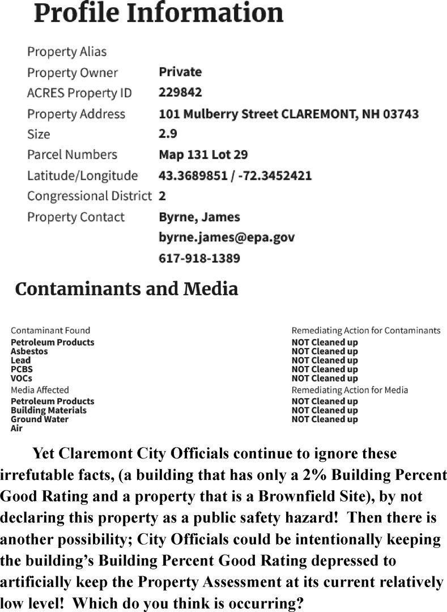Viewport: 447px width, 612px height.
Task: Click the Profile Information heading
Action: click(159, 14)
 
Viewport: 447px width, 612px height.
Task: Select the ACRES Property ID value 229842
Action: click(180, 92)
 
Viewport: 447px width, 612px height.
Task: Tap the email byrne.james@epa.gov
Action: click(227, 237)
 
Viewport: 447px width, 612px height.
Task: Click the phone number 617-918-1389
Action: click(199, 258)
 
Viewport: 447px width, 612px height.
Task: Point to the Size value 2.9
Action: click(168, 134)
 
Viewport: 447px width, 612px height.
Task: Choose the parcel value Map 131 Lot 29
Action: click(203, 155)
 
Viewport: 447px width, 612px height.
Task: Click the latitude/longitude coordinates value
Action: click(235, 176)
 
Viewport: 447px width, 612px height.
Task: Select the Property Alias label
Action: click(67, 52)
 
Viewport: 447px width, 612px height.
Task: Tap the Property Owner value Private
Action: click(180, 72)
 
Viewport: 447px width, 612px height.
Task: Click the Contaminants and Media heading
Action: click(126, 289)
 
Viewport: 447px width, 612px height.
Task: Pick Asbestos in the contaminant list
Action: click(29, 351)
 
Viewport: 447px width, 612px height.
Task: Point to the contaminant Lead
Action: click(21, 360)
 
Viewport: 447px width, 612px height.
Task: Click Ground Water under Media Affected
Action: click(40, 419)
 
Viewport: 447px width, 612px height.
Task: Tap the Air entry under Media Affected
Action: click(17, 428)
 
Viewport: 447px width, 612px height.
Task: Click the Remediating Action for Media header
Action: click(350, 390)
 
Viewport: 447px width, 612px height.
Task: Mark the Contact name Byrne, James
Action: click(199, 217)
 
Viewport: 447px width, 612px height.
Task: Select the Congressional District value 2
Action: click(162, 196)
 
